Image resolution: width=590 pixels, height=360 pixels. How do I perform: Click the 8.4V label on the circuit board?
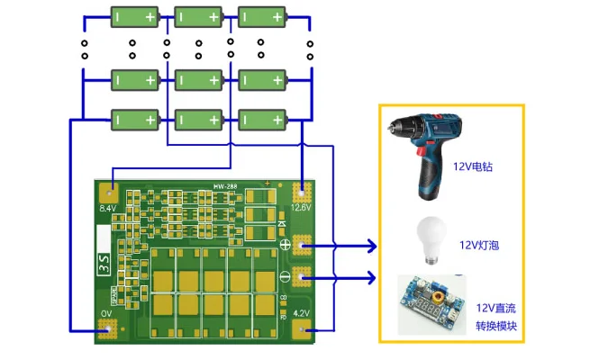[x=107, y=208]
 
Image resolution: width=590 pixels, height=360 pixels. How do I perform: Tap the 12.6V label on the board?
[x=301, y=207]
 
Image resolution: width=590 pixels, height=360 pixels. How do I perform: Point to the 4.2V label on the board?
[x=302, y=313]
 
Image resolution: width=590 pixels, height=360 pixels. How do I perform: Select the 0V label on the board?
[x=105, y=313]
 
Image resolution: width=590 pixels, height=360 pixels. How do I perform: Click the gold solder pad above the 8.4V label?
[x=108, y=192]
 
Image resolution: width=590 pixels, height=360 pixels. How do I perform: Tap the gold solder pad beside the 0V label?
[x=108, y=329]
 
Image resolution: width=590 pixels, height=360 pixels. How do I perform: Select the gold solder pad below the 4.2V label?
[x=302, y=329]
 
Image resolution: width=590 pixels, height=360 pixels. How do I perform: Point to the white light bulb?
[x=430, y=240]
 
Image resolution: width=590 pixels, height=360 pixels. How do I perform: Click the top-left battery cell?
[x=135, y=16]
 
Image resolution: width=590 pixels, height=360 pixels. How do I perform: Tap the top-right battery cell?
[x=262, y=16]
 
